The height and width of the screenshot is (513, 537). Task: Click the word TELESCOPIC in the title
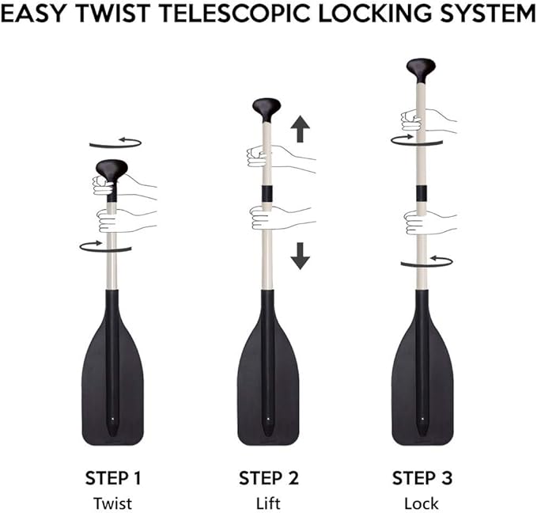(x=236, y=13)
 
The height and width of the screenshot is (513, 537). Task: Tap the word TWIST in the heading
(x=112, y=13)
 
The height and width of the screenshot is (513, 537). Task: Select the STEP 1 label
(x=113, y=478)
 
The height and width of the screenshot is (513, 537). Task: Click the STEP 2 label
(x=269, y=478)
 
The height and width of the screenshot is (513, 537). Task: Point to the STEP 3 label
(x=422, y=478)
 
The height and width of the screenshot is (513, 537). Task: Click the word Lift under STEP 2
(x=269, y=503)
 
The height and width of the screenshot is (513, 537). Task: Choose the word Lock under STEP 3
(x=422, y=503)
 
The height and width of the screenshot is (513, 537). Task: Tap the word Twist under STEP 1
(x=112, y=503)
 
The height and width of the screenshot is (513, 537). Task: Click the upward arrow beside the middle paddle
(x=301, y=129)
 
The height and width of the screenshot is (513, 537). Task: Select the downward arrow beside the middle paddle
(x=301, y=256)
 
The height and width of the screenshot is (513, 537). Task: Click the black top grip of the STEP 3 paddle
(x=421, y=70)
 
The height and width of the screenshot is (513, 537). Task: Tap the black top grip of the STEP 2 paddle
(x=267, y=110)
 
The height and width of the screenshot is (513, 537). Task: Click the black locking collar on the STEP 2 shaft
(x=267, y=193)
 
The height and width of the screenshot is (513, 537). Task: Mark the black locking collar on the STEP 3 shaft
(x=422, y=194)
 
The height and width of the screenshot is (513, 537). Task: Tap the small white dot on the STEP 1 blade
(x=112, y=419)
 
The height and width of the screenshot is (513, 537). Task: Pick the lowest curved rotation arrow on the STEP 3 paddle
(x=427, y=263)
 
